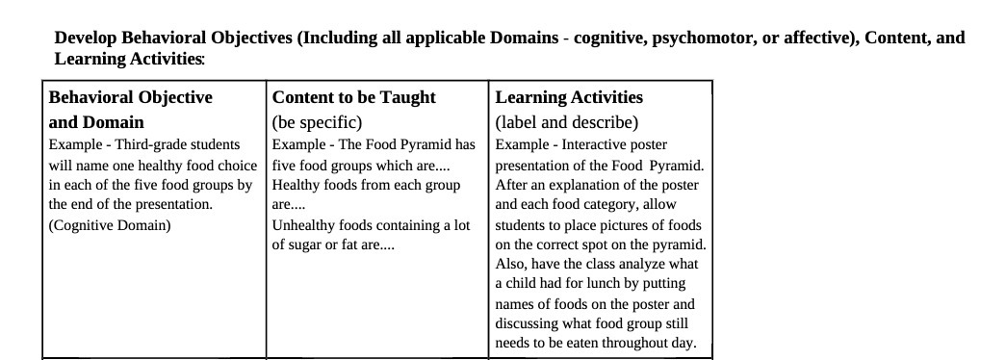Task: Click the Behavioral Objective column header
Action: [130, 97]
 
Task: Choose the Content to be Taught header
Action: [353, 97]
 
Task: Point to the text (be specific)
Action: [317, 122]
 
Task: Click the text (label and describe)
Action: [566, 122]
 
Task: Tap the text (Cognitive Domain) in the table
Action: [109, 225]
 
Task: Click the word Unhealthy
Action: [305, 225]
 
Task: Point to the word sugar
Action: [307, 244]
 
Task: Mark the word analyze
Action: [639, 264]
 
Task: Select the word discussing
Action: [527, 324]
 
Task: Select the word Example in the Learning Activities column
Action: [522, 144]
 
